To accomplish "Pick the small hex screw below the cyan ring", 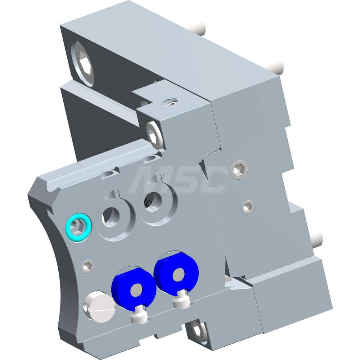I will point(87,266).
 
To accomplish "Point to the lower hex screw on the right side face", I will point(247,207).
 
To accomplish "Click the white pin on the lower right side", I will point(317,240).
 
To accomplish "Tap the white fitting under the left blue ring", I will point(139,316).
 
